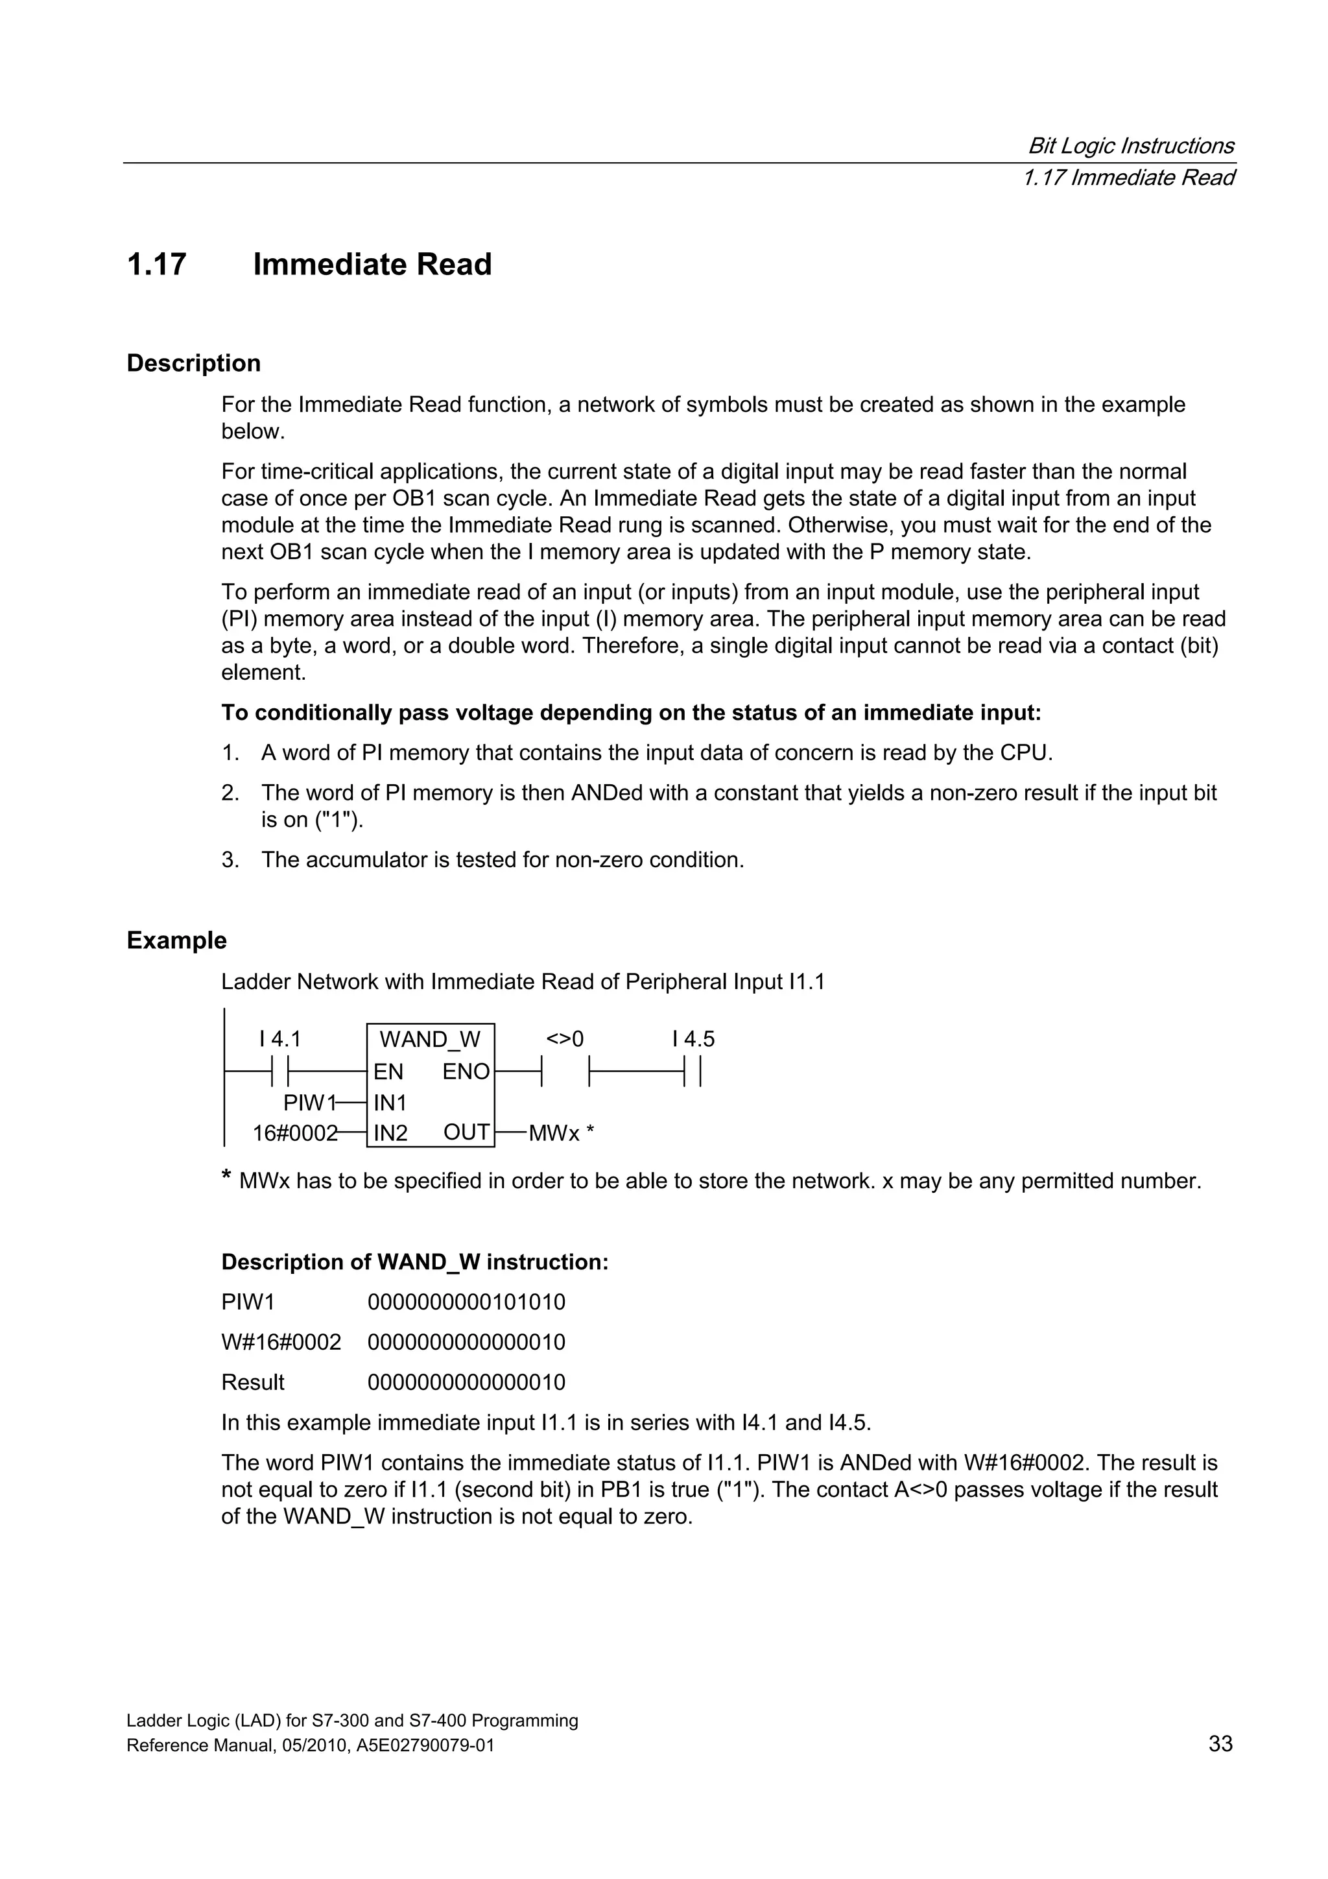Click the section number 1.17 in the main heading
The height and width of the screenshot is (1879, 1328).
pyautogui.click(x=156, y=265)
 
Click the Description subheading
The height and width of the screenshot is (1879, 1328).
pyautogui.click(x=193, y=363)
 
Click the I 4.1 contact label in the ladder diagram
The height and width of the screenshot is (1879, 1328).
pyautogui.click(x=280, y=1039)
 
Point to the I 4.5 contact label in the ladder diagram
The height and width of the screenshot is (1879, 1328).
pyautogui.click(x=693, y=1039)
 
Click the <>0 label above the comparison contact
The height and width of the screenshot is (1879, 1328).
pyautogui.click(x=565, y=1039)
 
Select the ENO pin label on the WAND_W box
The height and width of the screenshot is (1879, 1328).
pyautogui.click(x=466, y=1072)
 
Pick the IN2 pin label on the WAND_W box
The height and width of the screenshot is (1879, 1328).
pyautogui.click(x=390, y=1134)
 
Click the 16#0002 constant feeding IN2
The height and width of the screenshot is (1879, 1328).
pyautogui.click(x=294, y=1134)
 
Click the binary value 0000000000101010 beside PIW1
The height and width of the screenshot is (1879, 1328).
pyautogui.click(x=466, y=1302)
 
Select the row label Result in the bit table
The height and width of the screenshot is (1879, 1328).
pyautogui.click(x=253, y=1382)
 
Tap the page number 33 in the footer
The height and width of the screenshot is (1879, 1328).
pyautogui.click(x=1220, y=1744)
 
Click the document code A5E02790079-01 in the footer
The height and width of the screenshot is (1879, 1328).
pyautogui.click(x=425, y=1747)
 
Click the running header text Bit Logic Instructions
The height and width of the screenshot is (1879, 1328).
pyautogui.click(x=1131, y=147)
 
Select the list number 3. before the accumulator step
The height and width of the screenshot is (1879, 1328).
pyautogui.click(x=230, y=860)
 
